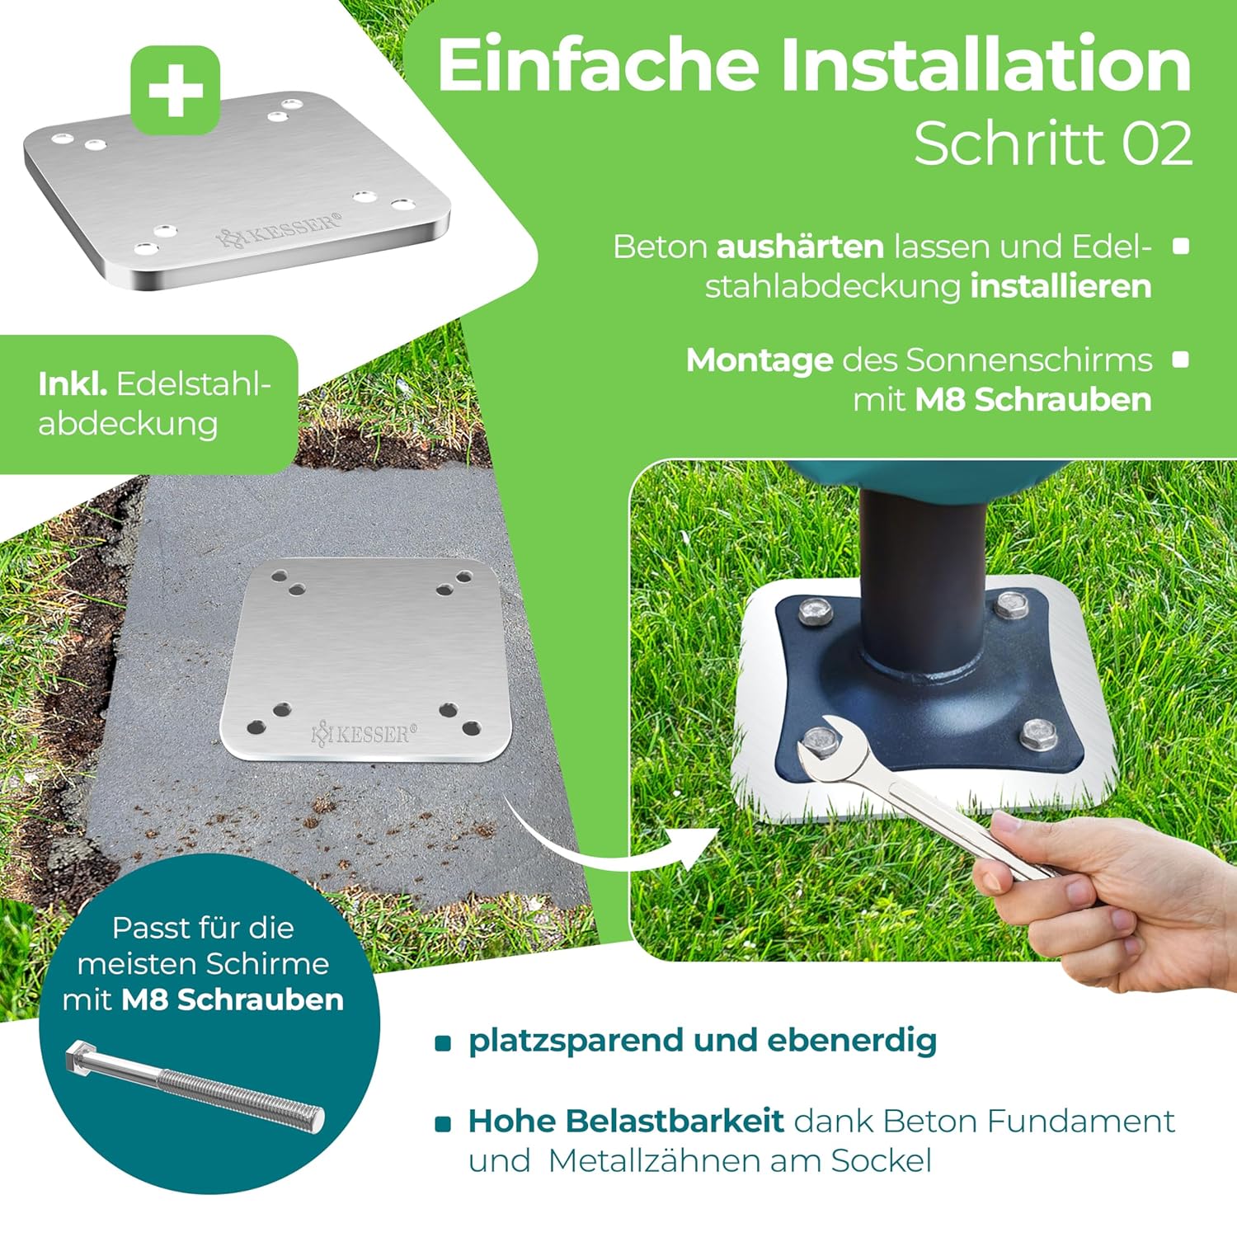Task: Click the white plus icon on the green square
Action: click(x=175, y=91)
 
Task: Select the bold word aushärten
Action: click(x=800, y=247)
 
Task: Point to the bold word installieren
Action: click(x=1061, y=286)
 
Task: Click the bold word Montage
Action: click(x=760, y=361)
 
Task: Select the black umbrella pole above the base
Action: click(x=924, y=577)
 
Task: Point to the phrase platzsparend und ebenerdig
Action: click(x=703, y=1041)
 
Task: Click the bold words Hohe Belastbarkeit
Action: click(x=626, y=1121)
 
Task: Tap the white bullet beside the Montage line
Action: click(x=1181, y=360)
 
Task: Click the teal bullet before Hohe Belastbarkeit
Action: click(x=444, y=1123)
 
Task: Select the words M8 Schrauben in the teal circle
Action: click(x=233, y=999)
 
